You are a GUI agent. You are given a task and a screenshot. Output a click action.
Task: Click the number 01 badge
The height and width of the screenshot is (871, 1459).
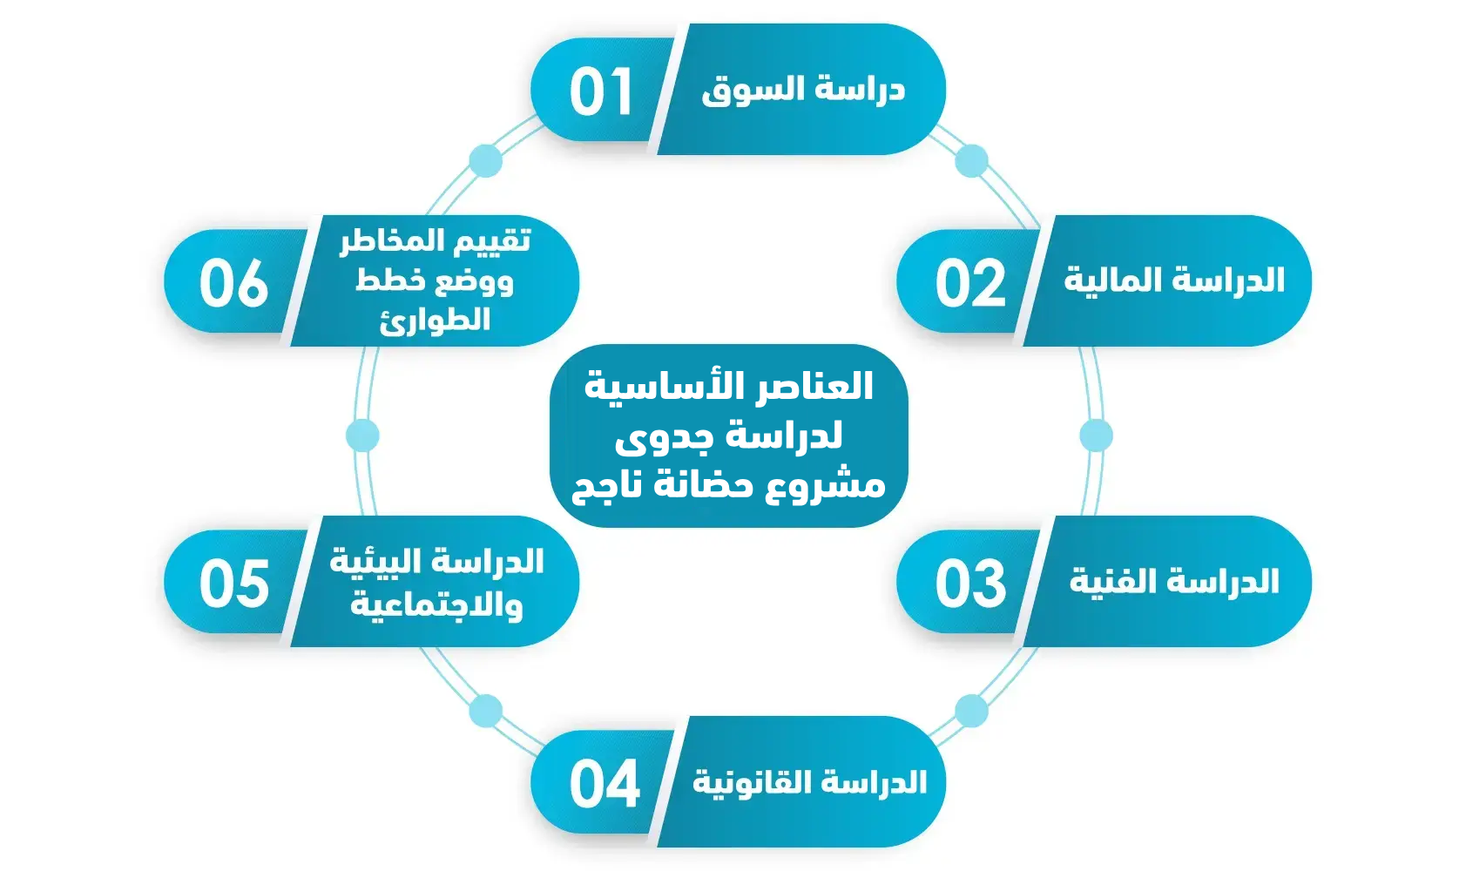pyautogui.click(x=601, y=92)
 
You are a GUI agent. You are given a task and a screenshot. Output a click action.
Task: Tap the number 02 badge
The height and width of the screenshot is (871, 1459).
pyautogui.click(x=969, y=284)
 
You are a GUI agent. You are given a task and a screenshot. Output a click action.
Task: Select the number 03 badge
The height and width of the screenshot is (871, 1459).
pyautogui.click(x=969, y=584)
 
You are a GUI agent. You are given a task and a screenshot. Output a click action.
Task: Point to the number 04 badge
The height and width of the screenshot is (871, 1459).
pyautogui.click(x=604, y=784)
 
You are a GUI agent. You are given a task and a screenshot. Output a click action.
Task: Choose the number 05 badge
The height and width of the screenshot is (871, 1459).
pyautogui.click(x=233, y=584)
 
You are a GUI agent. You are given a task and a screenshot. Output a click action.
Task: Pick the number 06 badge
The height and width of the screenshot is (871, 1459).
pyautogui.click(x=233, y=284)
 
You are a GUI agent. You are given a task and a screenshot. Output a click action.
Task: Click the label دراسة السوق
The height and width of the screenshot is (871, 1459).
pyautogui.click(x=803, y=90)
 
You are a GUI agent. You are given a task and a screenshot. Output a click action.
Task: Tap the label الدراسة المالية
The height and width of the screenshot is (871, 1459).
pyautogui.click(x=1173, y=280)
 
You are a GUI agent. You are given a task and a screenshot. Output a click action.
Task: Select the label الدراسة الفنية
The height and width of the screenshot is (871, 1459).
pyautogui.click(x=1173, y=581)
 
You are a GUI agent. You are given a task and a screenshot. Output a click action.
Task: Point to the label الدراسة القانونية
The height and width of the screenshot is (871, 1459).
pyautogui.click(x=809, y=782)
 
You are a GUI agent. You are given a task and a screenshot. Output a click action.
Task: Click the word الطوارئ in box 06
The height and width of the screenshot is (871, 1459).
pyautogui.click(x=435, y=321)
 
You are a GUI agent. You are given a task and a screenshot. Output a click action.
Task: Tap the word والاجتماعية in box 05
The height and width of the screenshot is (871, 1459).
pyautogui.click(x=436, y=604)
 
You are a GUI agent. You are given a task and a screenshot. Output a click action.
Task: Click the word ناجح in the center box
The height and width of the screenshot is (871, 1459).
pyautogui.click(x=606, y=484)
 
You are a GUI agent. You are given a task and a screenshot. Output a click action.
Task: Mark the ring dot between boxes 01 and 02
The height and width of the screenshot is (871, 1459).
pyautogui.click(x=971, y=161)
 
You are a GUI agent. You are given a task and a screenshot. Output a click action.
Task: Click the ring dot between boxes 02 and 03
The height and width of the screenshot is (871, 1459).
pyautogui.click(x=1096, y=435)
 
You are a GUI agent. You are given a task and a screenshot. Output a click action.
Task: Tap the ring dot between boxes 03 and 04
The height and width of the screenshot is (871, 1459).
pyautogui.click(x=971, y=711)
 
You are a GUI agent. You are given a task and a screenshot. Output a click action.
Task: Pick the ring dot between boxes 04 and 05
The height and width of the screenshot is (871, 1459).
pyautogui.click(x=485, y=711)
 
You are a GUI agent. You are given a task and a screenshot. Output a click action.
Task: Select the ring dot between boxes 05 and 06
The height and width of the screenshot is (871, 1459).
pyautogui.click(x=362, y=435)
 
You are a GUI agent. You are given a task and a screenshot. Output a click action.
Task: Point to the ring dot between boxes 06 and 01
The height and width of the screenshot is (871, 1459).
pyautogui.click(x=485, y=161)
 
